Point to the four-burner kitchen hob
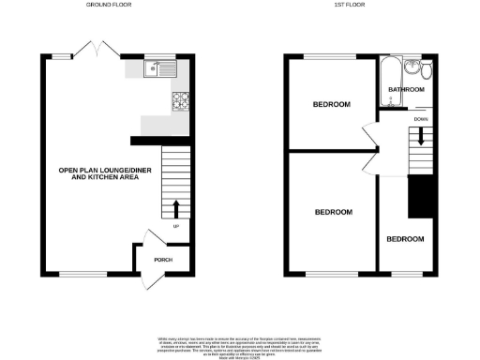[x=180, y=100]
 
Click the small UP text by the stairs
[x=175, y=226]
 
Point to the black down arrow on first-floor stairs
[x=420, y=136]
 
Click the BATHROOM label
[x=406, y=90]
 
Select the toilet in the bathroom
[x=427, y=70]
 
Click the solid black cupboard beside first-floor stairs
[x=421, y=197]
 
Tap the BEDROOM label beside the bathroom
[x=332, y=104]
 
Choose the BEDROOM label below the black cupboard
[x=405, y=239]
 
